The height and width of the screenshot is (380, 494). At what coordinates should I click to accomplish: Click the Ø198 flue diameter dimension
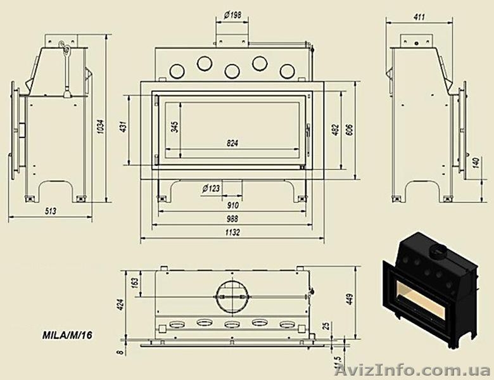point(233,15)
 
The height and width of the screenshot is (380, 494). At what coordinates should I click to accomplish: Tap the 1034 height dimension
point(101,126)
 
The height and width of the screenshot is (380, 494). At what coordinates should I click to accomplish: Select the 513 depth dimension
point(50,211)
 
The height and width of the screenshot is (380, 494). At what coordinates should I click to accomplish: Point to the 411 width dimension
point(419,16)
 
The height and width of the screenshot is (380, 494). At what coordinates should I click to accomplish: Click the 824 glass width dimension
point(232,143)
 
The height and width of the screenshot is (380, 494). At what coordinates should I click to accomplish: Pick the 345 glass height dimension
point(175,127)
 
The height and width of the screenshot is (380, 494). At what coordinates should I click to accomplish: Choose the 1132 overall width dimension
point(232,232)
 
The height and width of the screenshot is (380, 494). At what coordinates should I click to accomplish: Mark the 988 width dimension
point(232,218)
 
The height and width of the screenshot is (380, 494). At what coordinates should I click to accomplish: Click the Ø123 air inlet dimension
point(211,189)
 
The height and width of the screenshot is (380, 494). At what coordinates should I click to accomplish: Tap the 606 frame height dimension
point(350,130)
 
